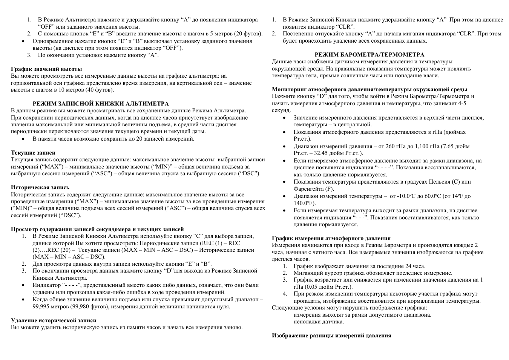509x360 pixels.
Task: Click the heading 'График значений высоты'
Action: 46,69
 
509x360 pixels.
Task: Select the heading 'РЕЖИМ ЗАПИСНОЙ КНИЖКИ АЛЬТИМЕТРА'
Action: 101,104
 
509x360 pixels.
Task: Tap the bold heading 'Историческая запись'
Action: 40,187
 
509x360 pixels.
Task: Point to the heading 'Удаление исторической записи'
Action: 54,320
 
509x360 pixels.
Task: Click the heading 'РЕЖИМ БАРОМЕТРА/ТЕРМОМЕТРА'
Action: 369,55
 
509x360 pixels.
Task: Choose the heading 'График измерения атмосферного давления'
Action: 331,238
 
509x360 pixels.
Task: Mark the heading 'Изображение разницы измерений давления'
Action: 331,335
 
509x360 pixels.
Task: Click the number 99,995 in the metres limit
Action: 41,306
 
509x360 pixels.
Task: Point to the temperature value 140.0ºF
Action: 305,203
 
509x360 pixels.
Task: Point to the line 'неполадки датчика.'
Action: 319,322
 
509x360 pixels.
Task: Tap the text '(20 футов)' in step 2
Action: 248,34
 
